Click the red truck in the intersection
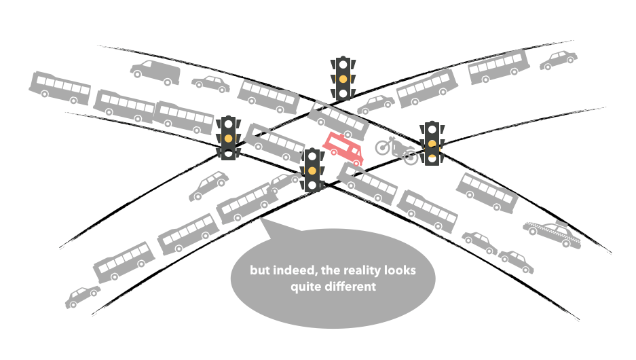tap(343, 149)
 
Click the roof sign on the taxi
tap(561, 221)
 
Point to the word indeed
tap(293, 270)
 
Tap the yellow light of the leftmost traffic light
tap(229, 139)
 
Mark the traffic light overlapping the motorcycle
tap(432, 143)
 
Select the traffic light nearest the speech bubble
tap(312, 170)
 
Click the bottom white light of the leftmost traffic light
tap(229, 154)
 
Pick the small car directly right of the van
tap(210, 84)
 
